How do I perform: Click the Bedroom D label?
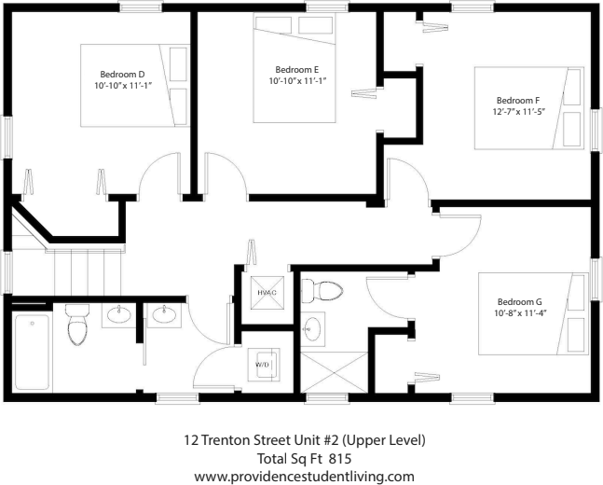[122, 74]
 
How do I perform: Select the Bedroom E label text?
[297, 69]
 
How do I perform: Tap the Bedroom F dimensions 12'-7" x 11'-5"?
[517, 111]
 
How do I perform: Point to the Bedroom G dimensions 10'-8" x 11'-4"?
[521, 313]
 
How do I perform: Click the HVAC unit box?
[267, 292]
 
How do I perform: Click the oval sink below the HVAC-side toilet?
[314, 328]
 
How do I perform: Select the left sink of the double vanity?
[118, 314]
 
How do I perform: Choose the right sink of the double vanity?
[165, 314]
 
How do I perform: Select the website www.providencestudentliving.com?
[303, 476]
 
